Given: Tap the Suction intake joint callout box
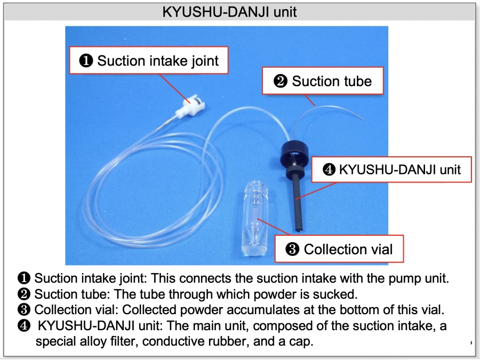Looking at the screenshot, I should click(150, 61).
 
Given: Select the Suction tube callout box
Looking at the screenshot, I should click(323, 81).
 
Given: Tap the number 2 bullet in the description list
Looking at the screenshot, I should click(24, 294).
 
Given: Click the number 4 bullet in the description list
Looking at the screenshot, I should click(24, 326).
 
